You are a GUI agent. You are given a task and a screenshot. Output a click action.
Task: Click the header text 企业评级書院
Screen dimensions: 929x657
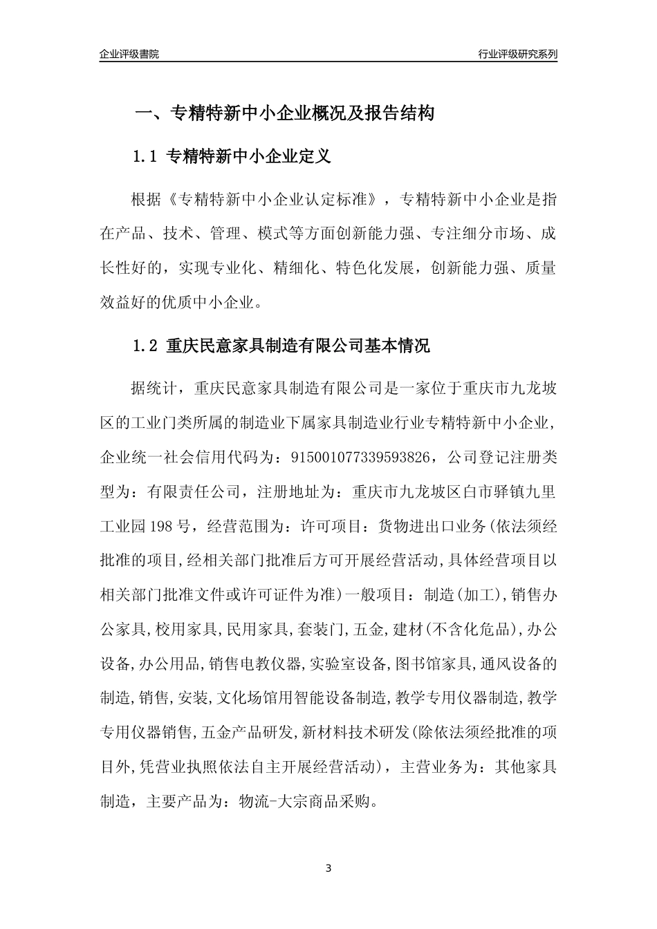129,54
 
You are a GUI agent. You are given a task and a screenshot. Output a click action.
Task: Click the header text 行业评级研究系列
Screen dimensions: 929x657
517,54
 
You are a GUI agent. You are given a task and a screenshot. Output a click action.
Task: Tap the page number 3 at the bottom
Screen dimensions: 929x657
328,868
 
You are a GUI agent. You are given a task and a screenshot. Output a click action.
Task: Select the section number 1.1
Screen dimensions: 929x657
145,157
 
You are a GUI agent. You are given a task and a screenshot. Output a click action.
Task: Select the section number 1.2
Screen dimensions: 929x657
145,346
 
